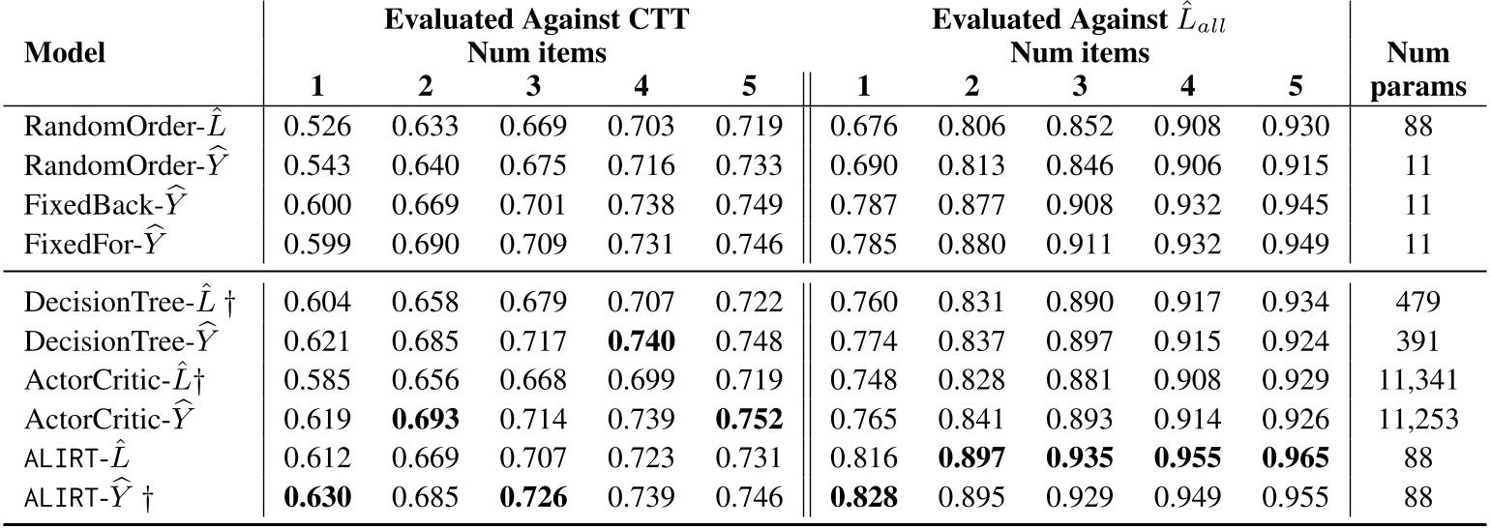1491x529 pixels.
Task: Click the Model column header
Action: pyautogui.click(x=64, y=53)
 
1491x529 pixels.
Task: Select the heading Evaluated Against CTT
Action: pyautogui.click(x=536, y=21)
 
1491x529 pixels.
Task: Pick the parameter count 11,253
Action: pyautogui.click(x=1421, y=419)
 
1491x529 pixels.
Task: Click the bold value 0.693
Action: pyautogui.click(x=424, y=419)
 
